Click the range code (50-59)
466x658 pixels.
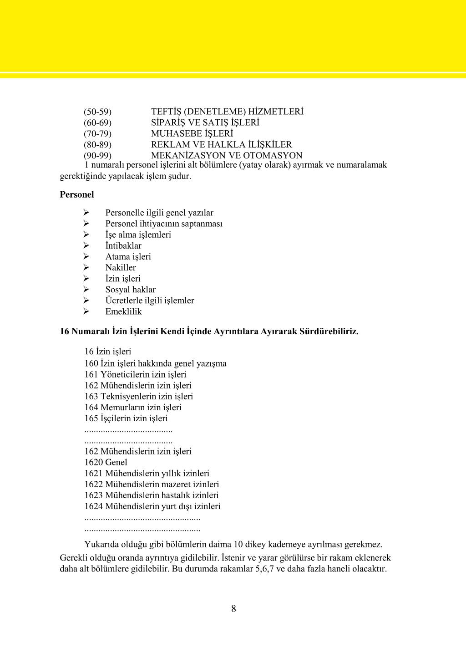pyautogui.click(x=97, y=112)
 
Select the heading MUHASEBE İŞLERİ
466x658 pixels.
pyautogui.click(x=192, y=133)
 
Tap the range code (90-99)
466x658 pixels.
pyautogui.click(x=97, y=155)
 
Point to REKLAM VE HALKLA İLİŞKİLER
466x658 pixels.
pyautogui.click(x=221, y=144)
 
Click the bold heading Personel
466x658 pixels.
pyautogui.click(x=77, y=194)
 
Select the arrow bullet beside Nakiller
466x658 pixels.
pyautogui.click(x=86, y=268)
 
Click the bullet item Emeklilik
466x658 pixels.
pyautogui.click(x=123, y=311)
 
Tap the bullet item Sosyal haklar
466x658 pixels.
pyautogui.click(x=130, y=290)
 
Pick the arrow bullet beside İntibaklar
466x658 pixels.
pyautogui.click(x=86, y=246)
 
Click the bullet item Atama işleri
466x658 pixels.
pyautogui.click(x=128, y=257)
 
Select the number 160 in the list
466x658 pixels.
pyautogui.click(x=91, y=363)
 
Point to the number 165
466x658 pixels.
pyautogui.click(x=91, y=418)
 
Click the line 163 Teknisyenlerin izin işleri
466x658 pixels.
pyautogui.click(x=138, y=396)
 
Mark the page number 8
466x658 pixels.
pyautogui.click(x=233, y=608)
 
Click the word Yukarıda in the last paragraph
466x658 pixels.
pyautogui.click(x=101, y=544)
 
